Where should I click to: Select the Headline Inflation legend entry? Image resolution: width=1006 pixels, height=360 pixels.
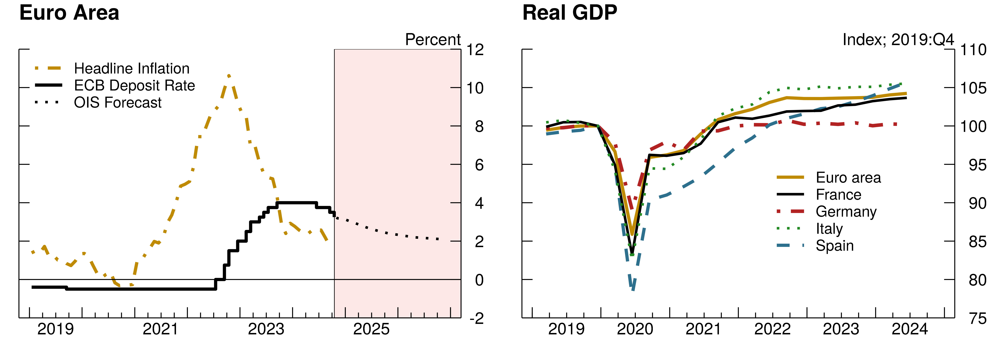pyautogui.click(x=132, y=69)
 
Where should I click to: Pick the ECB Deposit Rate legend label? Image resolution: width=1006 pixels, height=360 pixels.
pyautogui.click(x=134, y=86)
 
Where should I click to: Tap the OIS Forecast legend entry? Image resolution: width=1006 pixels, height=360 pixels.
pyautogui.click(x=118, y=103)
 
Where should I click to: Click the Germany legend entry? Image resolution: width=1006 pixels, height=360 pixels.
pyautogui.click(x=846, y=212)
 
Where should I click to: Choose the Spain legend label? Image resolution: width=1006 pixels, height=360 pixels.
pyautogui.click(x=835, y=246)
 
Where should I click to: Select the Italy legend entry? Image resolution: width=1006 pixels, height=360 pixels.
pyautogui.click(x=829, y=229)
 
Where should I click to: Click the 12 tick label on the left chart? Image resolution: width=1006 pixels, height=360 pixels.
pyautogui.click(x=475, y=50)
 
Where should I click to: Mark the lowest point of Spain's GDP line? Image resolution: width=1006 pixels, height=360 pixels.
pyautogui.click(x=633, y=289)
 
